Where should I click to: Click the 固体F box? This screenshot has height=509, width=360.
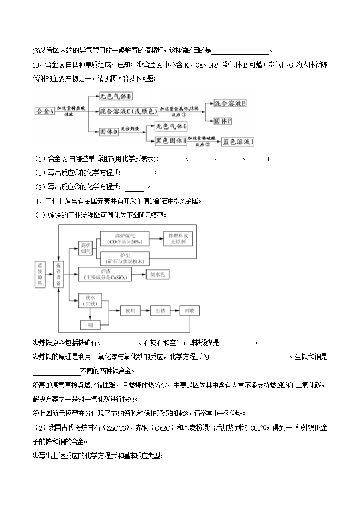(223, 120)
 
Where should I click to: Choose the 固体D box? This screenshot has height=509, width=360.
(109, 132)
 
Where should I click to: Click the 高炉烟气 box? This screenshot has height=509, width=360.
(86, 249)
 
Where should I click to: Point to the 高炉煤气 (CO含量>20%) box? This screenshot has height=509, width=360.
(121, 238)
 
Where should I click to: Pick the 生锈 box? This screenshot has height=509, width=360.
(160, 310)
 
